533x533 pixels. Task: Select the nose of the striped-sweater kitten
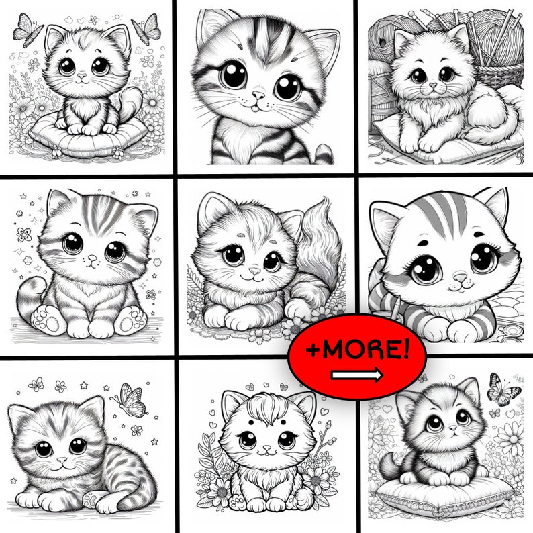pos(459,277)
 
